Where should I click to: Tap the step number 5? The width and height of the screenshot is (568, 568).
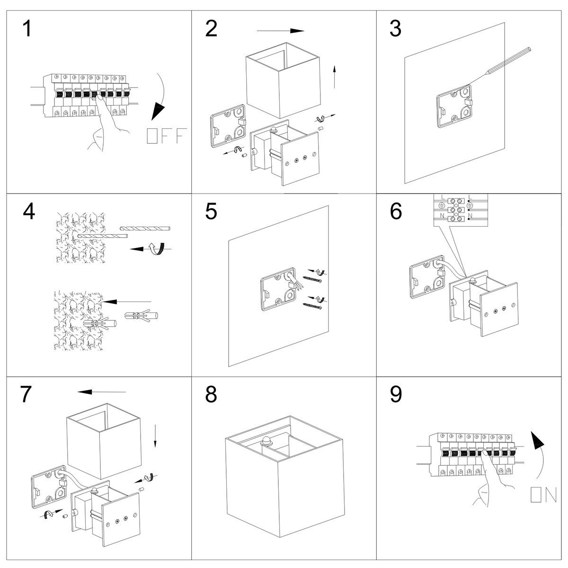point(212,212)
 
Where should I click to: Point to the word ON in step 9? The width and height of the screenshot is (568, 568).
point(543,495)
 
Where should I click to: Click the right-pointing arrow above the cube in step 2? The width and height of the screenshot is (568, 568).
point(280,31)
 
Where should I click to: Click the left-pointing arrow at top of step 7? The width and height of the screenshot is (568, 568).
point(102,391)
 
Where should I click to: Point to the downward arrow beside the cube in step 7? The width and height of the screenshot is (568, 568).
point(155,436)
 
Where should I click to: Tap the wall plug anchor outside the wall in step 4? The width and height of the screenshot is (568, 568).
point(142,316)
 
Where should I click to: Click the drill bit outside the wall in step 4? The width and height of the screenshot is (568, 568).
point(145,228)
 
